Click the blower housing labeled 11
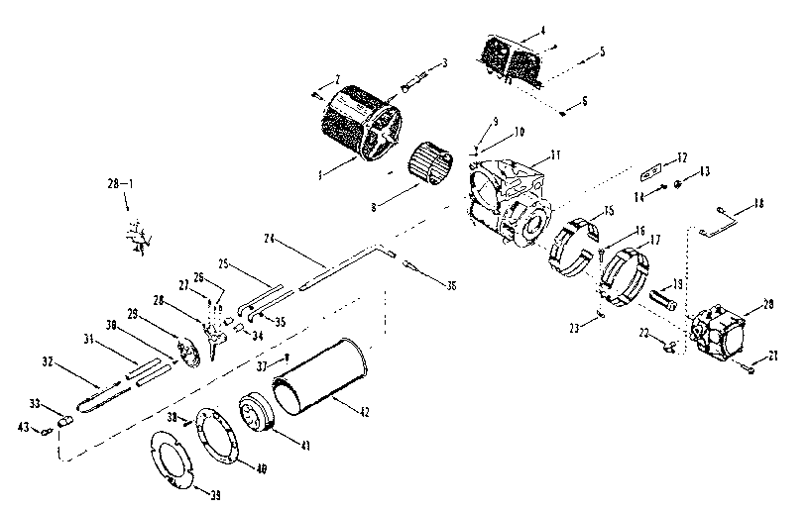[x=511, y=198]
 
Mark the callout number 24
[x=268, y=239]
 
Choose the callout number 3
[x=443, y=62]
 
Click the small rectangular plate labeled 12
[x=650, y=173]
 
